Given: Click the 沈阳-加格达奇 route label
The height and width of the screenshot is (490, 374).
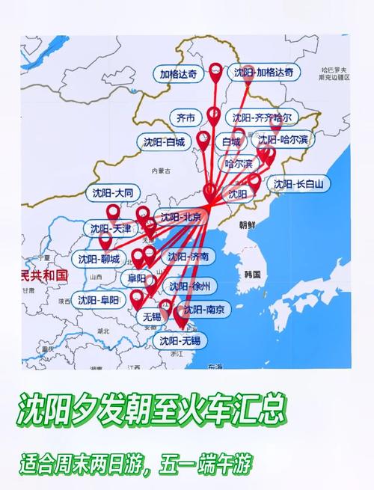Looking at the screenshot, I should (x=264, y=73).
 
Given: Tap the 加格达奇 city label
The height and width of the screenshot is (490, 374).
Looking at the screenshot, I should (x=180, y=74).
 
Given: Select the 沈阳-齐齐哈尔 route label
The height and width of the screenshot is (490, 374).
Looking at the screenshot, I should (x=262, y=117).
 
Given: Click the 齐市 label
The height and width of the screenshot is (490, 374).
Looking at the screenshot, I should (x=186, y=118).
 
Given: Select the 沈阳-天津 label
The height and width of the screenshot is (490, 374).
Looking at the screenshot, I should (x=111, y=228).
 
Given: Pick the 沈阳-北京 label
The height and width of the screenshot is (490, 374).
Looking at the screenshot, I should (x=180, y=218).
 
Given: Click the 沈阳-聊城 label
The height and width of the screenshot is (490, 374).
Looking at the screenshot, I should (x=99, y=260).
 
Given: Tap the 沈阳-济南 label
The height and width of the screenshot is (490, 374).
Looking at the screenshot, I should (x=188, y=257).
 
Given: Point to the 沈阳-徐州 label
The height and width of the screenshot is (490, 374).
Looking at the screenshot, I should (x=190, y=286).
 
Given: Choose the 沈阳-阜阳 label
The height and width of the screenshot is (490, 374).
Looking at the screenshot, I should (x=98, y=301).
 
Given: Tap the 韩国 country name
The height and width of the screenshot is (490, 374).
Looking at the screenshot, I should (x=251, y=275).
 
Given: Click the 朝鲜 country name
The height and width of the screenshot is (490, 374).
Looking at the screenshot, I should (x=247, y=224).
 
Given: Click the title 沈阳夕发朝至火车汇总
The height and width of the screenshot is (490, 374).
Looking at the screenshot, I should (x=151, y=410).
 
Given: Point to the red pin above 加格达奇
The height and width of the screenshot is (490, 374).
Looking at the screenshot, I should (x=216, y=73).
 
